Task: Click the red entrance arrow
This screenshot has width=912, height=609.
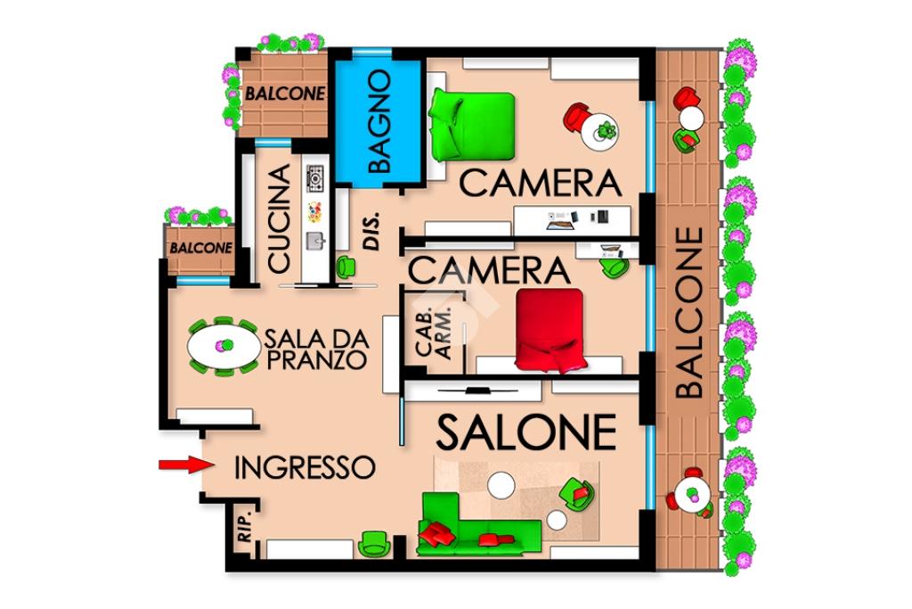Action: [x=183, y=464]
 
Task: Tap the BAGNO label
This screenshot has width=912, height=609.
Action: [x=379, y=121]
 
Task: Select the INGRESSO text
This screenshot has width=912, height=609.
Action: [x=305, y=467]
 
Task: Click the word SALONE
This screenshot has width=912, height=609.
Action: [x=525, y=432]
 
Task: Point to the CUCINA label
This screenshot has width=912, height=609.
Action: [x=279, y=218]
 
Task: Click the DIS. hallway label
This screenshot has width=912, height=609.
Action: [x=371, y=231]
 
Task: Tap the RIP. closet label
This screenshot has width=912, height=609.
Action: [x=245, y=527]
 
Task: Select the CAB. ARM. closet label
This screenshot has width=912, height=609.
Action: [x=434, y=332]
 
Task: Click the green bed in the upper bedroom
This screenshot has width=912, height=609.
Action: [x=471, y=125]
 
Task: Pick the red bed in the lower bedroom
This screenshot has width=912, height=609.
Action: [x=550, y=330]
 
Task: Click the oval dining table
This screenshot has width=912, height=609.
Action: [x=224, y=347]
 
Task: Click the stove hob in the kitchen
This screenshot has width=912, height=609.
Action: [x=314, y=177]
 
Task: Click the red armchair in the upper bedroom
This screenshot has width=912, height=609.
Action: [x=577, y=118]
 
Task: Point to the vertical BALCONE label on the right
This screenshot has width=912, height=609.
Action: [x=689, y=313]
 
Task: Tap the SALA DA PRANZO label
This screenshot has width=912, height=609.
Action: [x=316, y=349]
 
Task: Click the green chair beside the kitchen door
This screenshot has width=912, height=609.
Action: [x=346, y=266]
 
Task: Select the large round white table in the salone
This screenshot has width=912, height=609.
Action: [x=501, y=484]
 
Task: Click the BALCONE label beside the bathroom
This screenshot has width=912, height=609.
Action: [x=284, y=93]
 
